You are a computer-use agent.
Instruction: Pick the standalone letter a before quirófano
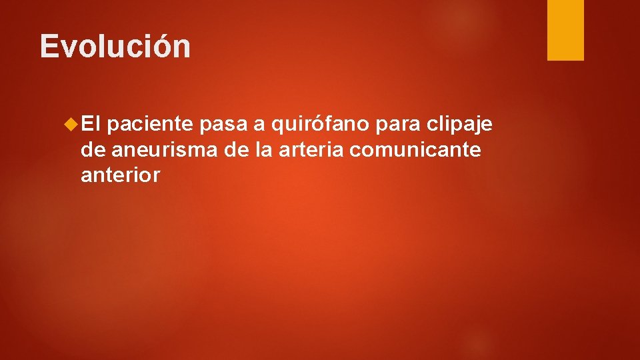coord(257,125)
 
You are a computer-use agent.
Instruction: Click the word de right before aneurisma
coord(93,150)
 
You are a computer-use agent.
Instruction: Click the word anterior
coord(120,175)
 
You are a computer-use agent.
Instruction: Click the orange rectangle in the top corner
coord(565,29)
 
